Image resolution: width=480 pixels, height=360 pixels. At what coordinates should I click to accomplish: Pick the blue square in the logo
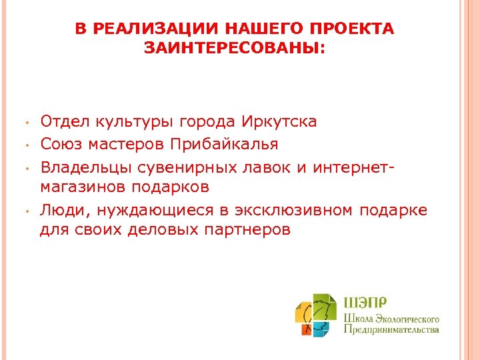click(x=322, y=328)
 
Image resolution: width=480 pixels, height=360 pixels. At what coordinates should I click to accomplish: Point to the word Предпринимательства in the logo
click(x=391, y=329)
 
